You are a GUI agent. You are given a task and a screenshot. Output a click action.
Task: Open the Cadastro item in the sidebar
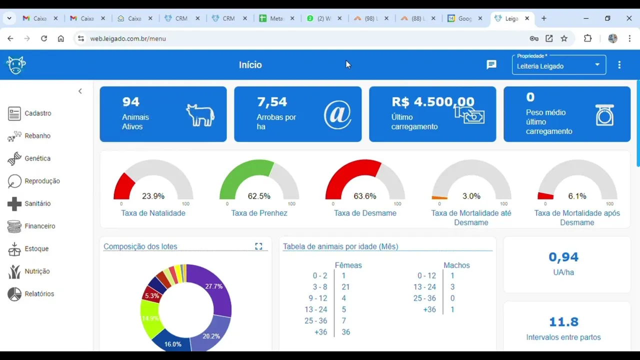click(x=37, y=113)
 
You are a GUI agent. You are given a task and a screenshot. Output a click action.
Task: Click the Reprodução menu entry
click(x=42, y=181)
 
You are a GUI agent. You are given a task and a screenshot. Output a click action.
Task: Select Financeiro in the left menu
click(x=39, y=226)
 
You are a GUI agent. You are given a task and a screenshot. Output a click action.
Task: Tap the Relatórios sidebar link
click(x=39, y=294)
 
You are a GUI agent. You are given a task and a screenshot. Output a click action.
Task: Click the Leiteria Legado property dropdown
click(x=558, y=65)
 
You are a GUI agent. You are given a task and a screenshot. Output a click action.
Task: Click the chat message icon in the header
click(x=491, y=64)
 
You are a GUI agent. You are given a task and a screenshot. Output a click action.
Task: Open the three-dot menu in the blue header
click(x=619, y=65)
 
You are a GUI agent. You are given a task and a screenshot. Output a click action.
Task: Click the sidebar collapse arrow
click(x=80, y=91)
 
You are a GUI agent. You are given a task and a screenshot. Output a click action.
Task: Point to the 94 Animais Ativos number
click(x=131, y=102)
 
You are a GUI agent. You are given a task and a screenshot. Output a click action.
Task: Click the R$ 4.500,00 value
click(x=432, y=102)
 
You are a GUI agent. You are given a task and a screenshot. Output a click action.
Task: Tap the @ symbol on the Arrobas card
click(x=337, y=114)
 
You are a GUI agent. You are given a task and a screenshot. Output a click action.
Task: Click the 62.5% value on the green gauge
click(x=259, y=196)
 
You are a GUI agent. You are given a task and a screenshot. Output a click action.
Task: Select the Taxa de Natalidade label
click(x=153, y=213)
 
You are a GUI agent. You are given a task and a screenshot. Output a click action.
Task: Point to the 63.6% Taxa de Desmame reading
click(x=365, y=196)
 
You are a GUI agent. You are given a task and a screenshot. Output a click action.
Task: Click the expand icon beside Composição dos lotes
click(x=258, y=246)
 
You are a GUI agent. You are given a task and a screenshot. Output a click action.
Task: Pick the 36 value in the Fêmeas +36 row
click(x=345, y=332)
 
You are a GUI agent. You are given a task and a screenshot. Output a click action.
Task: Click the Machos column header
click(x=456, y=265)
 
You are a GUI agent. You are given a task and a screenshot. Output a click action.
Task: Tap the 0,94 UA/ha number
click(x=563, y=257)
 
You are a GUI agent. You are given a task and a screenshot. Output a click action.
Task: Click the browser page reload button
click(x=44, y=38)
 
